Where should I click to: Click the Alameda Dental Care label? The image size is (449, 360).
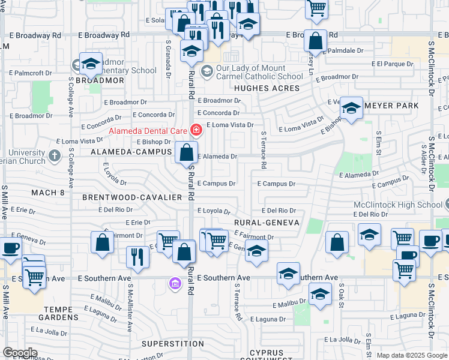coord(148,130)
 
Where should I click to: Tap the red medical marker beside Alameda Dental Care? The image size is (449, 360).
coord(196,129)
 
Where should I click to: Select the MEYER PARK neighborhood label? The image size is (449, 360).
coord(391,106)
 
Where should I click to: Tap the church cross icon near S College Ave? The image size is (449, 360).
coord(55,157)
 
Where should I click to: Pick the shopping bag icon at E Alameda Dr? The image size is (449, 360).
coord(186,152)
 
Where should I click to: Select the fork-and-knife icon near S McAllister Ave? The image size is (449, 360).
coord(137,256)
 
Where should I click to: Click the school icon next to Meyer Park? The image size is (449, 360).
coord(352,107)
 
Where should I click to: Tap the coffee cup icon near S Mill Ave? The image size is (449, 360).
coord(11,248)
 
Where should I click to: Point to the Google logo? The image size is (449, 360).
coord(20,353)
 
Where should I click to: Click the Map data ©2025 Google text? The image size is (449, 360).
coord(412,355)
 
